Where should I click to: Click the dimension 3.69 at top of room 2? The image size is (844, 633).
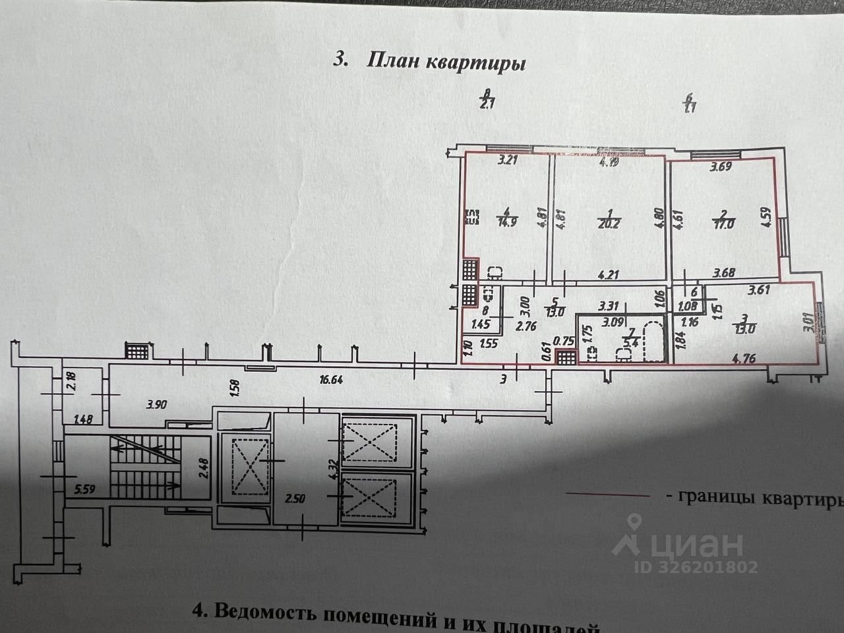720,167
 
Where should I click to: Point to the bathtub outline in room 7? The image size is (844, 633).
653,341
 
